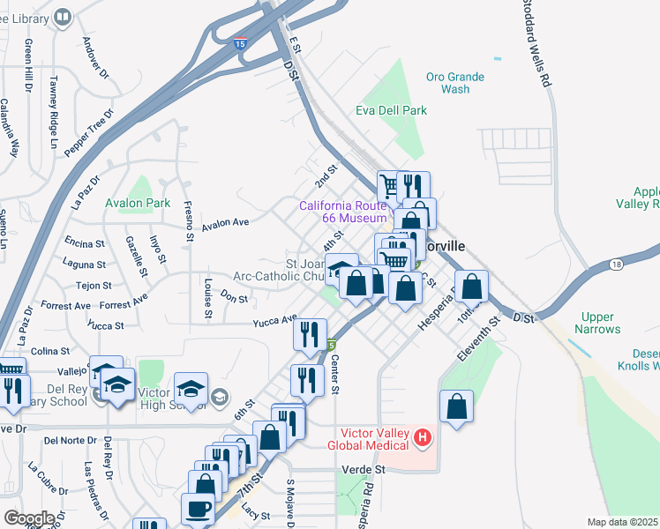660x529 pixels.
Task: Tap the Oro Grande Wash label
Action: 454,83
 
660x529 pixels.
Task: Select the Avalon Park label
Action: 137,203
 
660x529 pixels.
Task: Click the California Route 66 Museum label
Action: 342,212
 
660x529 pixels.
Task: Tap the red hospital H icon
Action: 423,436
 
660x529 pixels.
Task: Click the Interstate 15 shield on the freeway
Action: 240,42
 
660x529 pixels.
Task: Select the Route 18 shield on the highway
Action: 614,264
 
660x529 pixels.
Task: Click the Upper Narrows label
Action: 602,323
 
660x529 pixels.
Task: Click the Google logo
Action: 29,518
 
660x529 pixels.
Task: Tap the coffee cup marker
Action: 199,509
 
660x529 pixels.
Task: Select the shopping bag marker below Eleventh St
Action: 456,406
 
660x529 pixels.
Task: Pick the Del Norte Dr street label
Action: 70,440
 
